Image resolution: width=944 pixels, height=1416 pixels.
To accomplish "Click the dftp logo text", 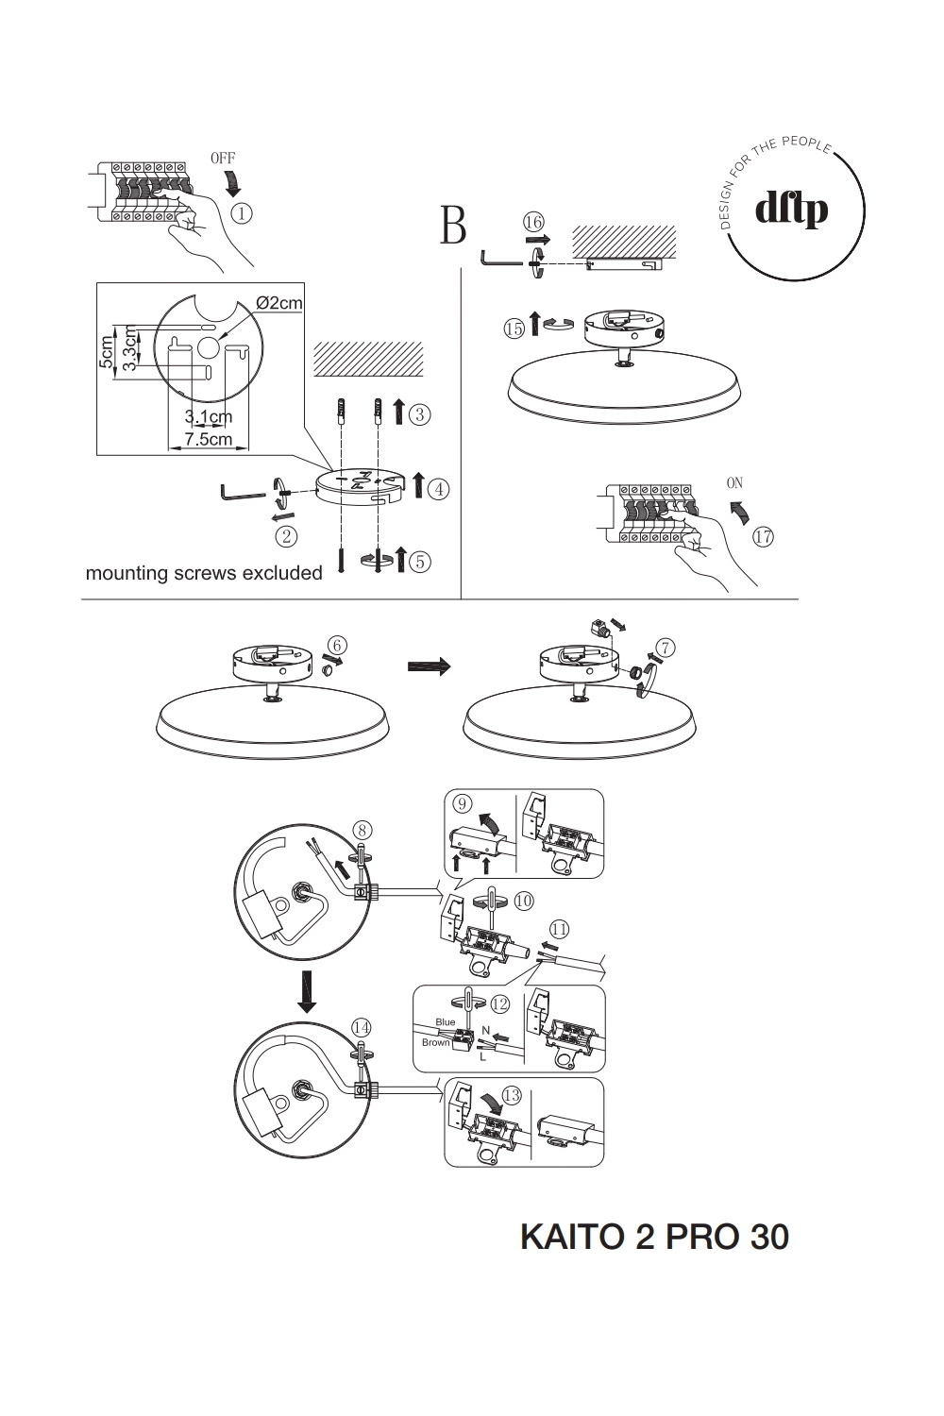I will click(x=791, y=209).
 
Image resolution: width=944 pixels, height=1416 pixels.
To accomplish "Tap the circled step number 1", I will click(x=242, y=213).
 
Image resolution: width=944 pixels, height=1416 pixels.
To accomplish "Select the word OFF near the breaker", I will click(x=223, y=159).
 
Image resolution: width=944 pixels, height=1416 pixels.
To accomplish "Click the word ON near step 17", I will click(x=734, y=482).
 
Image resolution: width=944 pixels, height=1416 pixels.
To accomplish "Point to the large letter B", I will click(x=453, y=226).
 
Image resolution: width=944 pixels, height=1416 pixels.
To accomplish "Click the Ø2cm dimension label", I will click(x=279, y=303).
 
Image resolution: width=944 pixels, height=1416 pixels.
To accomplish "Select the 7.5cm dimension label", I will click(x=208, y=439).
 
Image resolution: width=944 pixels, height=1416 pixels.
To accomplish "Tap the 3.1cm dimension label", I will click(x=208, y=417).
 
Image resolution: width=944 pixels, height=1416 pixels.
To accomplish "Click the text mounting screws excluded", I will click(x=204, y=573).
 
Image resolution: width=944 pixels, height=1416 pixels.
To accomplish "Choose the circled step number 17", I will click(x=763, y=536).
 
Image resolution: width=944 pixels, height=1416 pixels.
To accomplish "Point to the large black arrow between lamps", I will click(x=429, y=666).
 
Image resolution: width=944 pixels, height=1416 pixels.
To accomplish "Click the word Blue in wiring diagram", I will click(x=446, y=1022).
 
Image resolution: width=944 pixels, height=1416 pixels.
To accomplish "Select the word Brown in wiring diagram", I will click(x=436, y=1043).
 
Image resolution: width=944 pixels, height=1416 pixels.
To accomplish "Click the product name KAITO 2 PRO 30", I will click(x=654, y=1237).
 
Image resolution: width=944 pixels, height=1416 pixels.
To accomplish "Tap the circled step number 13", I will click(x=512, y=1096).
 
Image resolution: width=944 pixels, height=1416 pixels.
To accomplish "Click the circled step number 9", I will click(x=463, y=803).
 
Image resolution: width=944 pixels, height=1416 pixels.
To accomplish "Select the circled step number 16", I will click(x=534, y=222).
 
